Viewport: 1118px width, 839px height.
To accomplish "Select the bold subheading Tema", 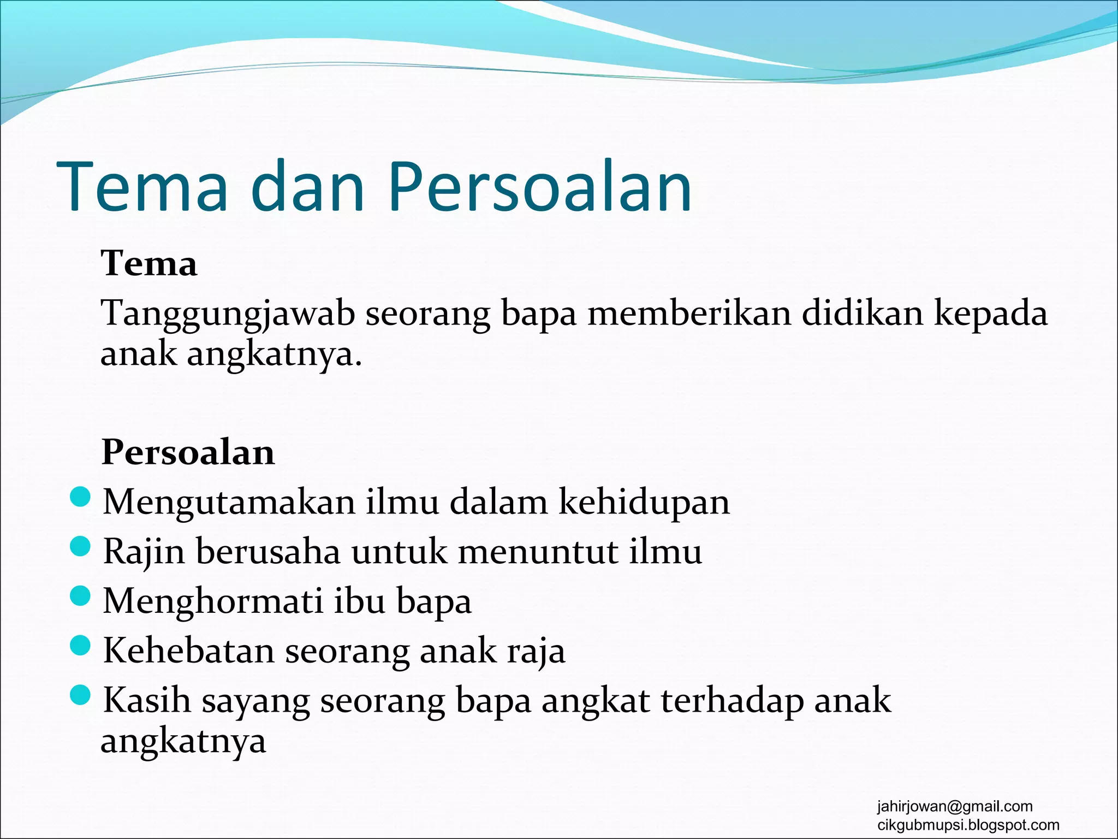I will (x=148, y=264).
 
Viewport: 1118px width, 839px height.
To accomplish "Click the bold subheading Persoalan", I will (x=188, y=453).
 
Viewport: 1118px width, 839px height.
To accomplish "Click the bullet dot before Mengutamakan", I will (x=80, y=497).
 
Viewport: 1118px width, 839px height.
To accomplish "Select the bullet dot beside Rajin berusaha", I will (x=80, y=547).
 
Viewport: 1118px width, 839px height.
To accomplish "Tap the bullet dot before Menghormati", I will (x=80, y=596).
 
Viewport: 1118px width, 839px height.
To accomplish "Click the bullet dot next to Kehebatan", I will (x=80, y=646).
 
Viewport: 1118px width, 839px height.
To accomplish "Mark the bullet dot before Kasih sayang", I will (x=80, y=695).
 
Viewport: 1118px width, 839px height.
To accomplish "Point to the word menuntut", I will (x=538, y=552).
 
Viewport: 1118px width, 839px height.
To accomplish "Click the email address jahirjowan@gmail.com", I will (x=955, y=806).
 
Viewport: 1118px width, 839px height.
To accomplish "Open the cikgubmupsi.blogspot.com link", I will (x=968, y=825).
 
